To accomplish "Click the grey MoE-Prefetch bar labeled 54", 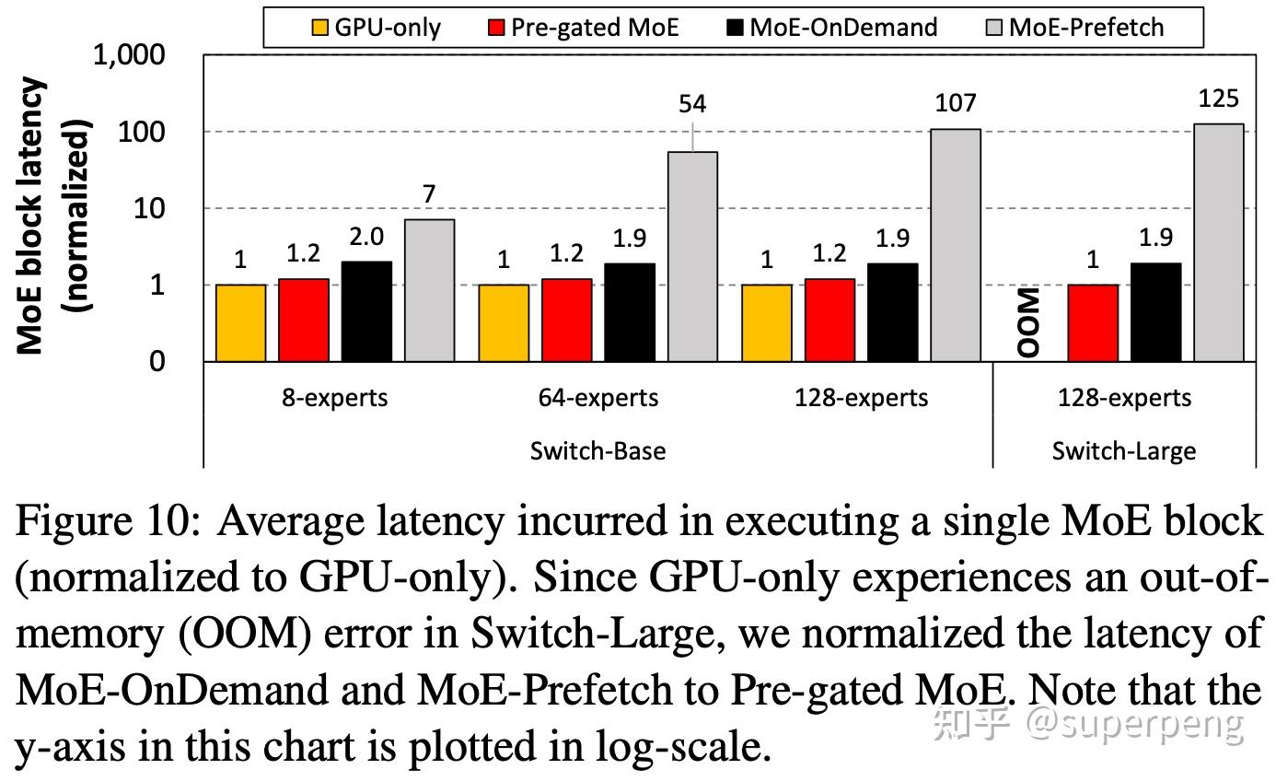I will [692, 256].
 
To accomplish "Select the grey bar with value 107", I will [956, 245].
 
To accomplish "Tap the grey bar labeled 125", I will [1219, 242].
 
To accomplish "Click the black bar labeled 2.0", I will [365, 311].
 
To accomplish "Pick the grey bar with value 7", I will [429, 290].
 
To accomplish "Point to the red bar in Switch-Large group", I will [1093, 322].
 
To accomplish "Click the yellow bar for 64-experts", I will [504, 322].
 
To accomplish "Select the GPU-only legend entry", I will [376, 27].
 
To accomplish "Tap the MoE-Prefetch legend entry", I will [1073, 27].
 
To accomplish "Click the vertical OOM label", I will [1029, 322].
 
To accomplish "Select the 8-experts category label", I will [335, 398].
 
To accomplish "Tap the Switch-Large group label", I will [1124, 451].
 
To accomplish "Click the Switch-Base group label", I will [597, 451].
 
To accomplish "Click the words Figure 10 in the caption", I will [108, 522].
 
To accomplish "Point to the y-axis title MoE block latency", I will [31, 216].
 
